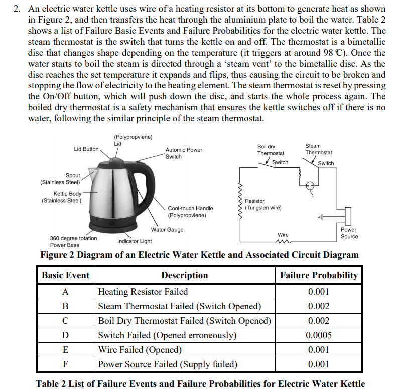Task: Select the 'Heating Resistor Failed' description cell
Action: point(143,292)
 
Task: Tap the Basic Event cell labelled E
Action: point(65,350)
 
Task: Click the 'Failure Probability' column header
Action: point(319,275)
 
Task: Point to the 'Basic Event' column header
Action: point(65,275)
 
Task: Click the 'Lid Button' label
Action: point(86,149)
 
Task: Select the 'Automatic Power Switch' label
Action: point(184,153)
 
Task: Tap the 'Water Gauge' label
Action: point(167,230)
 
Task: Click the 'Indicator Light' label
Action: point(135,241)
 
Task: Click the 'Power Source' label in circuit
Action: point(349,233)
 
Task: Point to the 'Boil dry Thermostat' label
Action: point(271,150)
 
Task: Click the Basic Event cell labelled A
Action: point(65,292)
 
